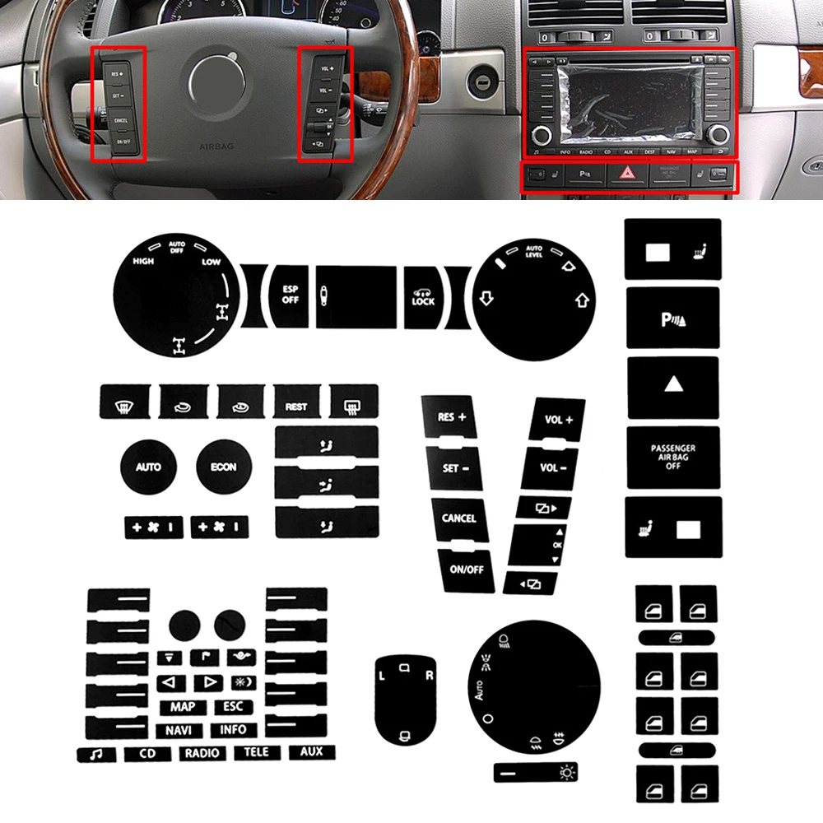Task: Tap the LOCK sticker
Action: point(423,296)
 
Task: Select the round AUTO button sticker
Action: point(148,467)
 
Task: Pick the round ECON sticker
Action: point(223,467)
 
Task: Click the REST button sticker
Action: point(296,407)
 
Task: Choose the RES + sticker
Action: point(452,418)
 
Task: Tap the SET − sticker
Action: point(455,468)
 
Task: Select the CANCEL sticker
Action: point(458,518)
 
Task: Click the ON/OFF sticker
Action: point(466,568)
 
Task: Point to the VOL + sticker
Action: point(559,421)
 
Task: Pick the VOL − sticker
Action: point(554,468)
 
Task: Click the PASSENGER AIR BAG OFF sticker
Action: point(672,457)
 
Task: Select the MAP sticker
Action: point(183,707)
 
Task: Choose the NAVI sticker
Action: point(179,729)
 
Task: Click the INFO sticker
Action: point(233,729)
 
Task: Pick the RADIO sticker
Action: point(202,752)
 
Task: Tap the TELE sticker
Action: point(257,752)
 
